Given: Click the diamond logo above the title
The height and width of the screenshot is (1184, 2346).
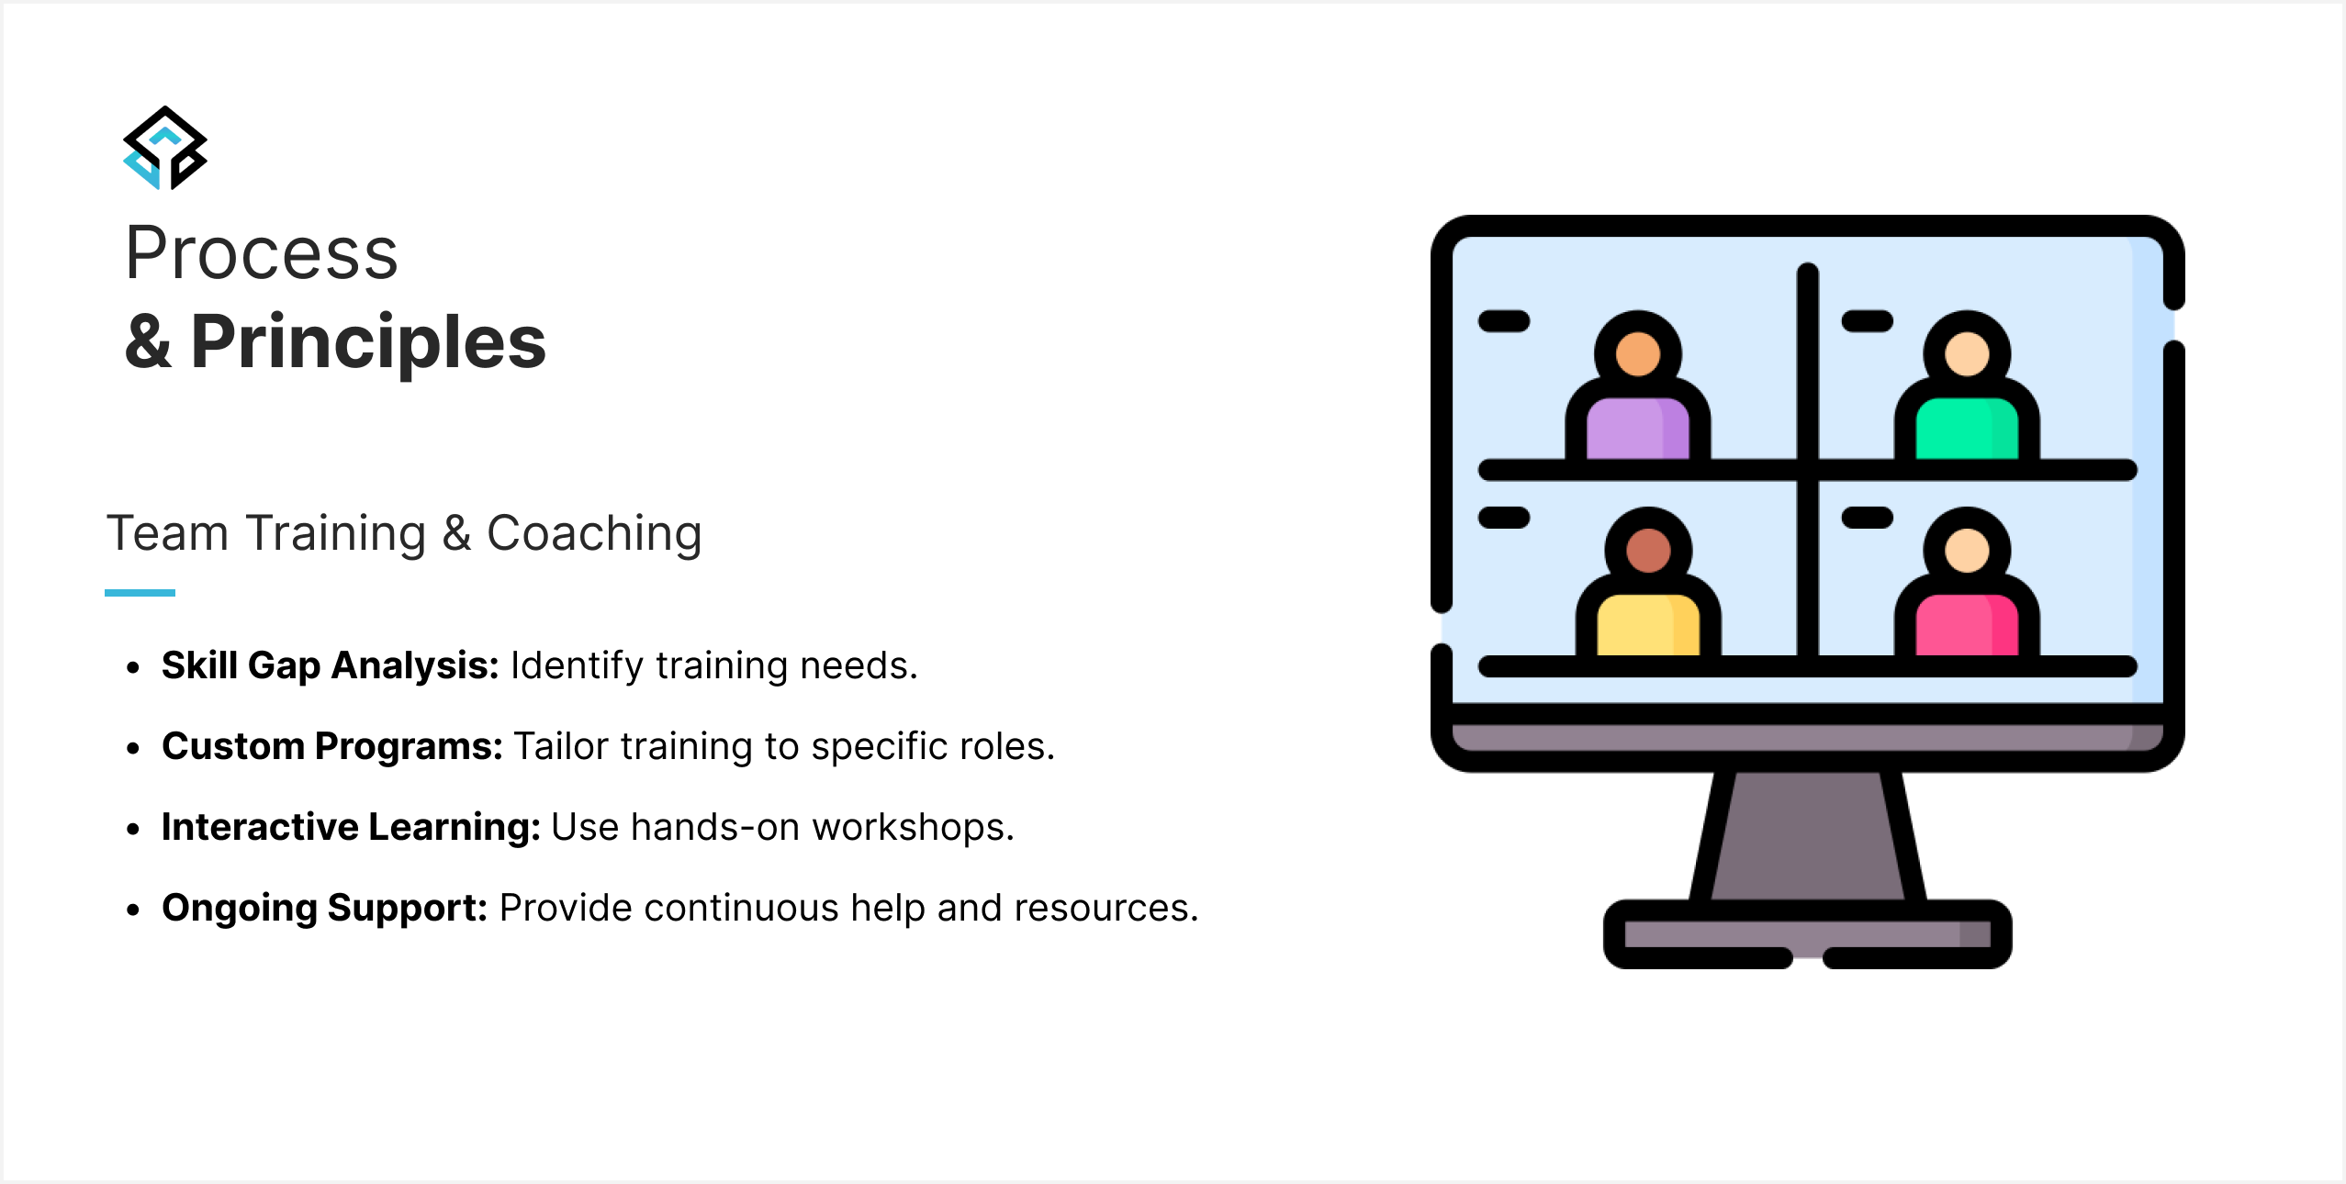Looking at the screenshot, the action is point(165,148).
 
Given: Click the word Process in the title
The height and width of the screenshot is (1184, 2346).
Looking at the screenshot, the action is point(262,253).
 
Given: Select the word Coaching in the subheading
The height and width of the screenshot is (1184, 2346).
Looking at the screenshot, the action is point(594,534).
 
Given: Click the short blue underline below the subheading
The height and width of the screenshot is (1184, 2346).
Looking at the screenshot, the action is point(140,593).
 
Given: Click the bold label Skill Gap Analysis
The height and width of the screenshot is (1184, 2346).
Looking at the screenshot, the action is point(331,665).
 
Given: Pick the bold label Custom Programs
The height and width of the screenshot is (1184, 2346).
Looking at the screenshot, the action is point(332,746).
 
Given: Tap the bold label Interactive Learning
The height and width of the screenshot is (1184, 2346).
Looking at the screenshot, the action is point(352,827).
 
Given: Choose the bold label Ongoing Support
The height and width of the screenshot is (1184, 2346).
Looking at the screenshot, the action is point(325,908).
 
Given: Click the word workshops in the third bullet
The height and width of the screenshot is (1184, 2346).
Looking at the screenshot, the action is point(914,827).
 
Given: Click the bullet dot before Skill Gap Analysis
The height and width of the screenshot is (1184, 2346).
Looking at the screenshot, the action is point(134,667).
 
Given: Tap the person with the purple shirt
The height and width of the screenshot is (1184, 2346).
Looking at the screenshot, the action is point(1638,386).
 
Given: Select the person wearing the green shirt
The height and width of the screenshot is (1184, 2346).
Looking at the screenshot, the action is point(1967,386).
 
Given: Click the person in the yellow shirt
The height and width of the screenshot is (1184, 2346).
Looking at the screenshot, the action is point(1648,583).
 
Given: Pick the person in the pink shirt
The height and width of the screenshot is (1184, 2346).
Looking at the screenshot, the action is point(1967,583).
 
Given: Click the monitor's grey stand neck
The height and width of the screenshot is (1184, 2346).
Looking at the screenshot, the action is point(1808,835).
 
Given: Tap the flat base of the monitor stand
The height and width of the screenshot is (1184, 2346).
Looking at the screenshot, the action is point(1808,934).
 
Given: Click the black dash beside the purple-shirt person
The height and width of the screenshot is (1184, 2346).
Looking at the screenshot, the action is point(1504,321).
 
